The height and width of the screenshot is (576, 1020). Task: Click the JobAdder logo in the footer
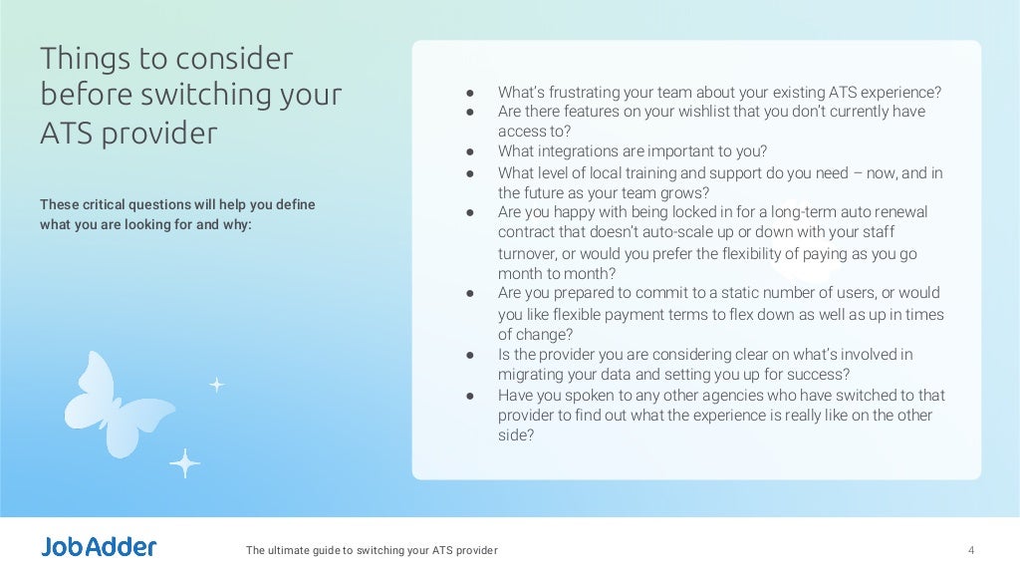click(99, 547)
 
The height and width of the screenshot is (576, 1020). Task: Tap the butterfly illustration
click(98, 403)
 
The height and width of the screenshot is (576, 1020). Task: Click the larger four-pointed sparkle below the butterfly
click(184, 462)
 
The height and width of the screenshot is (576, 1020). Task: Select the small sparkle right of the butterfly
click(216, 385)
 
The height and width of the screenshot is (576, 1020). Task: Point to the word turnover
click(529, 253)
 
